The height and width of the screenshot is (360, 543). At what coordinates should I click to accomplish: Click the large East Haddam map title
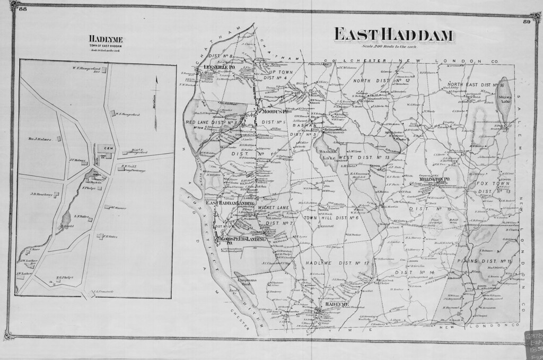[x=393, y=35]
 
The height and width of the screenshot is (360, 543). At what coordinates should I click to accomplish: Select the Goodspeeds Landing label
[x=237, y=241]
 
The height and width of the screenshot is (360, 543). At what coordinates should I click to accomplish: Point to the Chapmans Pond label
[x=246, y=282]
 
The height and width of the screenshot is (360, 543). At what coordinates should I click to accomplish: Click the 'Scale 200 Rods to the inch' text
[x=392, y=47]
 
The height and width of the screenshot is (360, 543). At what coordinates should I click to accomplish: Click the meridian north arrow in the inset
[x=156, y=102]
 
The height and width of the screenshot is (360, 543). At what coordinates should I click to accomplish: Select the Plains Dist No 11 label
[x=488, y=261]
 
